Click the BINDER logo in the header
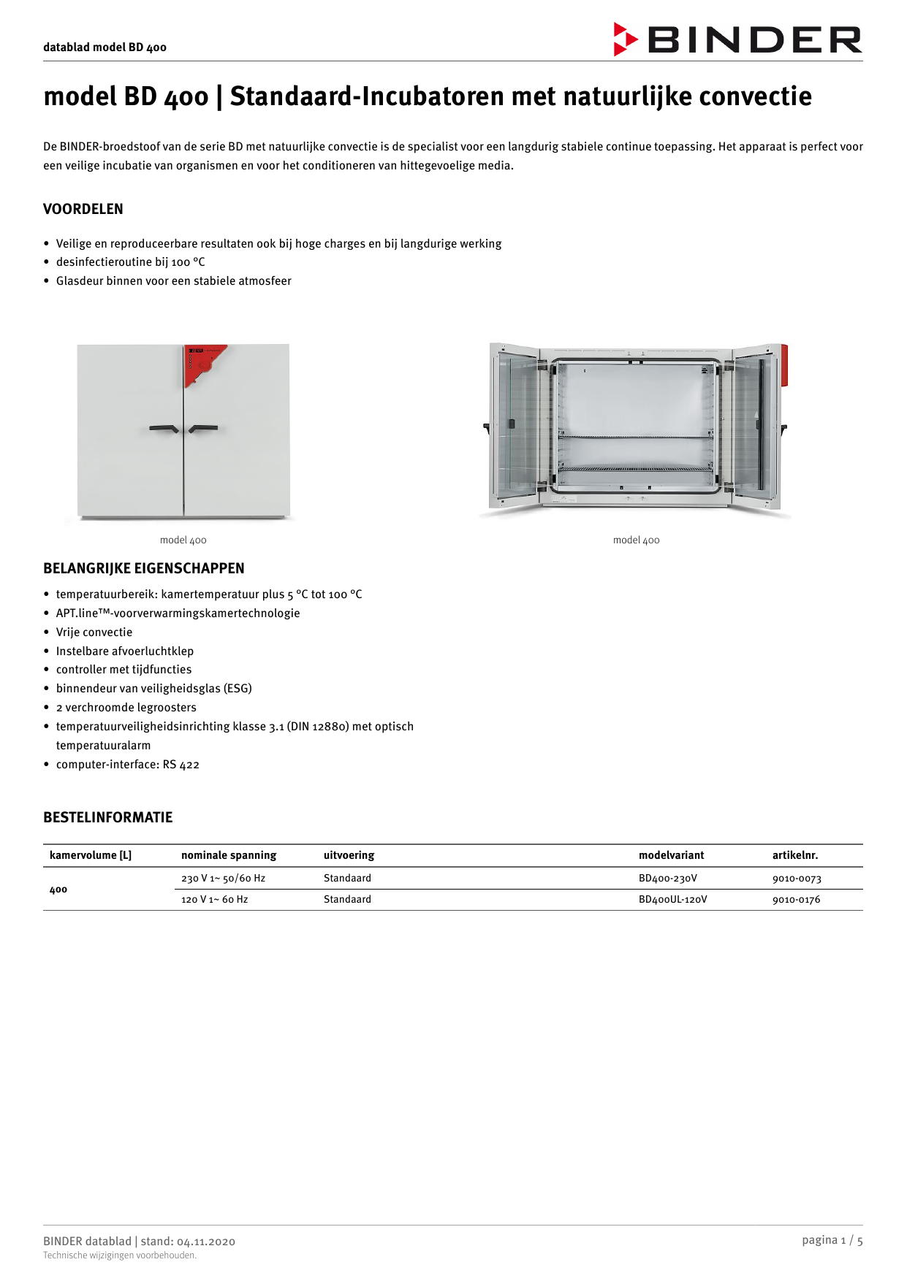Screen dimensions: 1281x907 [738, 39]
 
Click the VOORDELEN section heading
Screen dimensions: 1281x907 [83, 209]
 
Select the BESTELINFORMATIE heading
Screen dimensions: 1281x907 [107, 817]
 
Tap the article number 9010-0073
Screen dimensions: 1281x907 [796, 879]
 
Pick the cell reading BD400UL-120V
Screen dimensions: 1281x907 [672, 900]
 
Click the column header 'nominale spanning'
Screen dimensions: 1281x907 [229, 855]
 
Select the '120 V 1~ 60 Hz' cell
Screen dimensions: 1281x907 [214, 900]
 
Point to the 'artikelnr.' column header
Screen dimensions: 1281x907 [794, 855]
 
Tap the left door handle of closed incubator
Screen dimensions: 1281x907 [164, 428]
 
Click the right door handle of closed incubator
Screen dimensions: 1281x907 [203, 428]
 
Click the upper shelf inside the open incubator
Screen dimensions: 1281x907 [635, 437]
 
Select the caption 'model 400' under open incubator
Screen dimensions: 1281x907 [636, 540]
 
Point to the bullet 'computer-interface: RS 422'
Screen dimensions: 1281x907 [127, 765]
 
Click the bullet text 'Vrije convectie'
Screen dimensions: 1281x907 [94, 632]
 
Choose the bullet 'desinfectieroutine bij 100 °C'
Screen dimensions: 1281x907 [130, 262]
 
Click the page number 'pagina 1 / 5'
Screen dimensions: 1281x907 [832, 1240]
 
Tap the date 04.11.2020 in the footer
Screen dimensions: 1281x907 [205, 1242]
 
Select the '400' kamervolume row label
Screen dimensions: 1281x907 [58, 890]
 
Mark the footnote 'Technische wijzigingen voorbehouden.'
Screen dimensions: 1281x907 [120, 1255]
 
